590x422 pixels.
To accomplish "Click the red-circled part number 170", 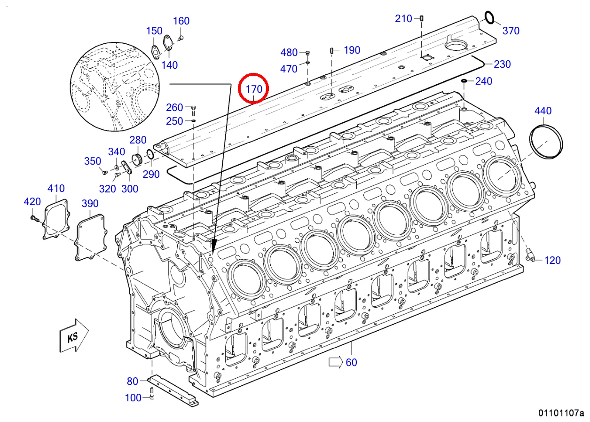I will (253, 88).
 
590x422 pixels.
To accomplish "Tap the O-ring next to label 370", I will (489, 17).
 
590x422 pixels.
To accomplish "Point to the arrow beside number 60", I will (336, 362).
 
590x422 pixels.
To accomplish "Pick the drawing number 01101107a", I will (561, 413).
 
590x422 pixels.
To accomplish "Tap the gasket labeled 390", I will (91, 236).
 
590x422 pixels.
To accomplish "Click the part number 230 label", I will (502, 64).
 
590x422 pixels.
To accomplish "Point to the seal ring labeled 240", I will (464, 82).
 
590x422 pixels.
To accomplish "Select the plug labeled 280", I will (138, 158).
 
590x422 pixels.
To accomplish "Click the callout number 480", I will (289, 52).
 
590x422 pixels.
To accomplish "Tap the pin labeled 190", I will (332, 50).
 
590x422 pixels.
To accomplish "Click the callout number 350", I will (93, 161).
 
